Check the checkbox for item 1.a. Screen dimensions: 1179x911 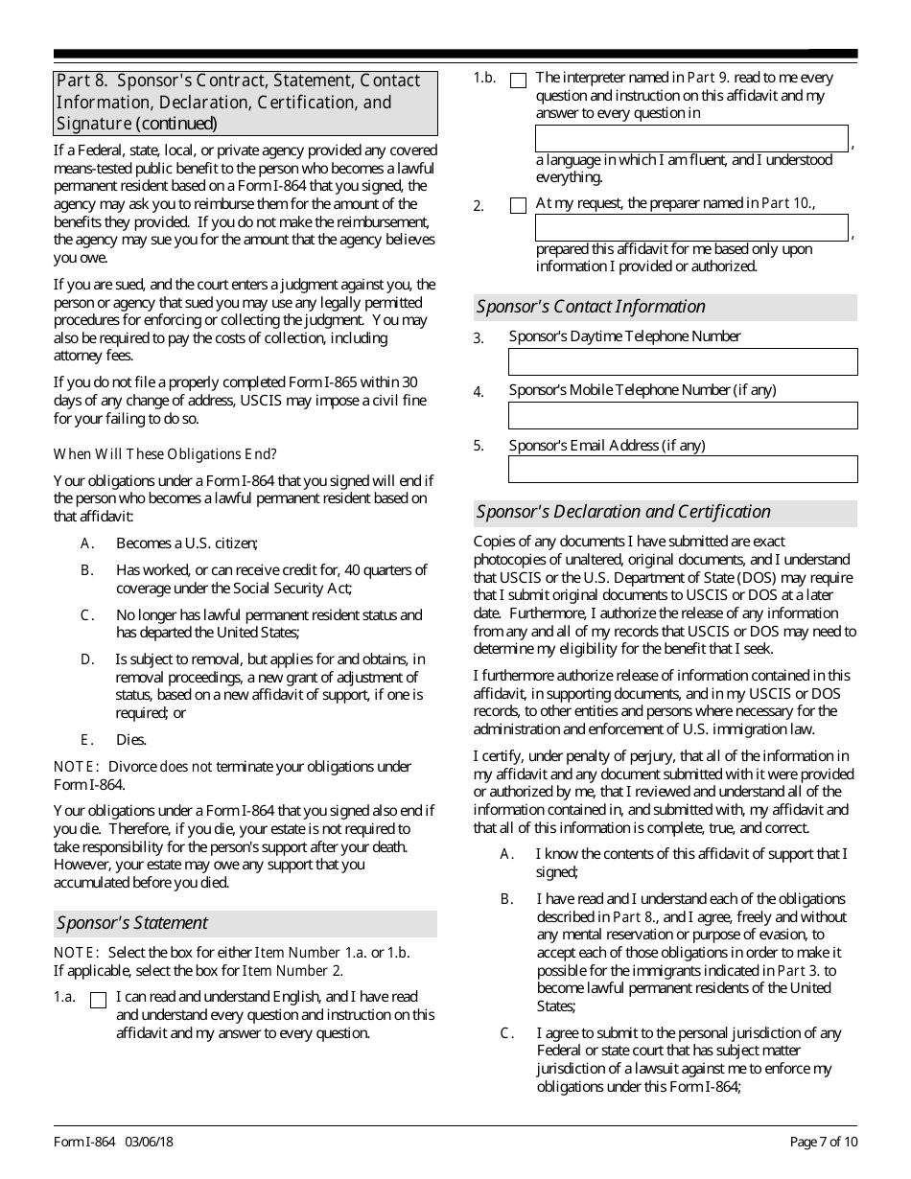(98, 1000)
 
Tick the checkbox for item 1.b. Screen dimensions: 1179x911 (518, 81)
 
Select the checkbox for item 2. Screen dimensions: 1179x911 (518, 205)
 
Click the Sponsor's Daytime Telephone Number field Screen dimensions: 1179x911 (682, 361)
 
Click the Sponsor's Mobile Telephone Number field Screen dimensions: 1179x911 (682, 415)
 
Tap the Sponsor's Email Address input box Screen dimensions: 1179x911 (682, 470)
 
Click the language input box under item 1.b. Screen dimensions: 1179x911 (690, 138)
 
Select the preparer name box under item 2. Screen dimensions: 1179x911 (690, 227)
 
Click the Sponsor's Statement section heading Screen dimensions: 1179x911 (132, 923)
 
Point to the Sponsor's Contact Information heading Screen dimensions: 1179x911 (591, 307)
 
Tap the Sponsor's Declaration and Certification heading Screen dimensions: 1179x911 (623, 512)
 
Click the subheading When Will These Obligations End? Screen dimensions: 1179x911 (165, 453)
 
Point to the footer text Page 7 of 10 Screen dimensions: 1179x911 (823, 1141)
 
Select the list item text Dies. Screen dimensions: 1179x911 (131, 739)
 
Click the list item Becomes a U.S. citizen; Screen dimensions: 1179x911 (187, 543)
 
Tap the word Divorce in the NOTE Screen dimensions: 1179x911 (128, 766)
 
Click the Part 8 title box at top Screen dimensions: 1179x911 (245, 103)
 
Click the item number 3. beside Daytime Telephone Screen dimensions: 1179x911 (479, 338)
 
